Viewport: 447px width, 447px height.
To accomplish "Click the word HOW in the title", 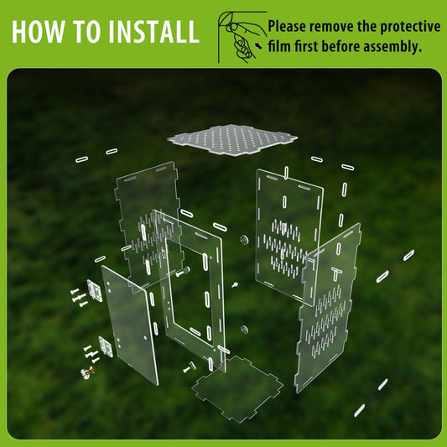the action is click(x=39, y=31).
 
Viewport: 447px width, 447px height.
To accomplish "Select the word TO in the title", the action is click(x=86, y=31).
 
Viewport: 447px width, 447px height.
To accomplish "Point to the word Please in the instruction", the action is click(x=287, y=27).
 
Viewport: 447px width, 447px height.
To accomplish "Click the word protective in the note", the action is click(x=410, y=27).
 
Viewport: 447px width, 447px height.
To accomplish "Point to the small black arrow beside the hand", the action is click(x=258, y=45).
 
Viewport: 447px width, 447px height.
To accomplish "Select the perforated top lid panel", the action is click(x=232, y=140).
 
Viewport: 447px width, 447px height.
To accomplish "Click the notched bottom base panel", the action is click(x=237, y=389).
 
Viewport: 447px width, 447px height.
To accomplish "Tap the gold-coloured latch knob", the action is click(x=88, y=372).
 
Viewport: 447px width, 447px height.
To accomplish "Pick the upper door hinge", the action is click(x=95, y=290).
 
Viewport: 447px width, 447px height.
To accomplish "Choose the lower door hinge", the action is click(x=106, y=346).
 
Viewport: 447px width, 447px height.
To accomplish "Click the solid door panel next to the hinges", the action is click(x=130, y=325).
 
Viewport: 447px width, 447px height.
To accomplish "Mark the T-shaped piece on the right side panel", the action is click(x=336, y=273).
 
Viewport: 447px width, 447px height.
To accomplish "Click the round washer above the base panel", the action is click(x=244, y=330).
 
